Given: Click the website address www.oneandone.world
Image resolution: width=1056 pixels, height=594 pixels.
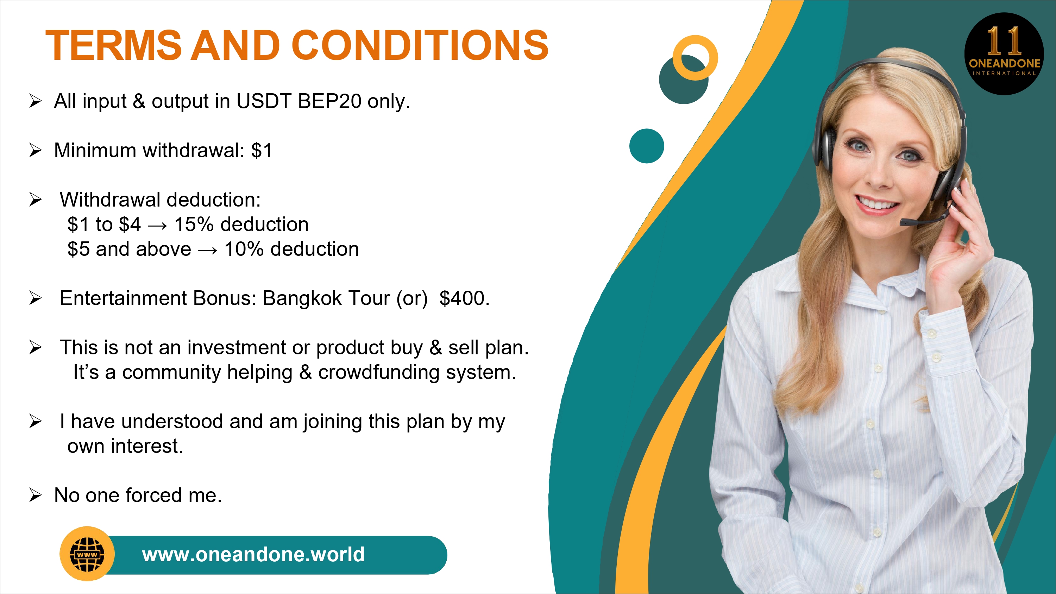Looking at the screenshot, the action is [253, 555].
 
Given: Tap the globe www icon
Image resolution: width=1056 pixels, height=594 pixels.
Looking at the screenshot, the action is [87, 554].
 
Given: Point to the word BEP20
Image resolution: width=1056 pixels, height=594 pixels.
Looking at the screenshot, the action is [329, 101].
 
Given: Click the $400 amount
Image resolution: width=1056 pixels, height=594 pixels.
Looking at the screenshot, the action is [464, 298].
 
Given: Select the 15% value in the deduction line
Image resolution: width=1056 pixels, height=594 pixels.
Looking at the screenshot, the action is [194, 225].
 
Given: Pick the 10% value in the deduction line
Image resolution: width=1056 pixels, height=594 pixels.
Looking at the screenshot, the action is [244, 249].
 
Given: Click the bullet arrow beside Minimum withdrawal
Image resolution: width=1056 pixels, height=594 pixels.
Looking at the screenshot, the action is [36, 151].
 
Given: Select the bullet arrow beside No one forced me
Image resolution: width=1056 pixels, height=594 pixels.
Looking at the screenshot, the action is [36, 495].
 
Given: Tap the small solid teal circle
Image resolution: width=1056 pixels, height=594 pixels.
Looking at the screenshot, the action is [647, 146].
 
